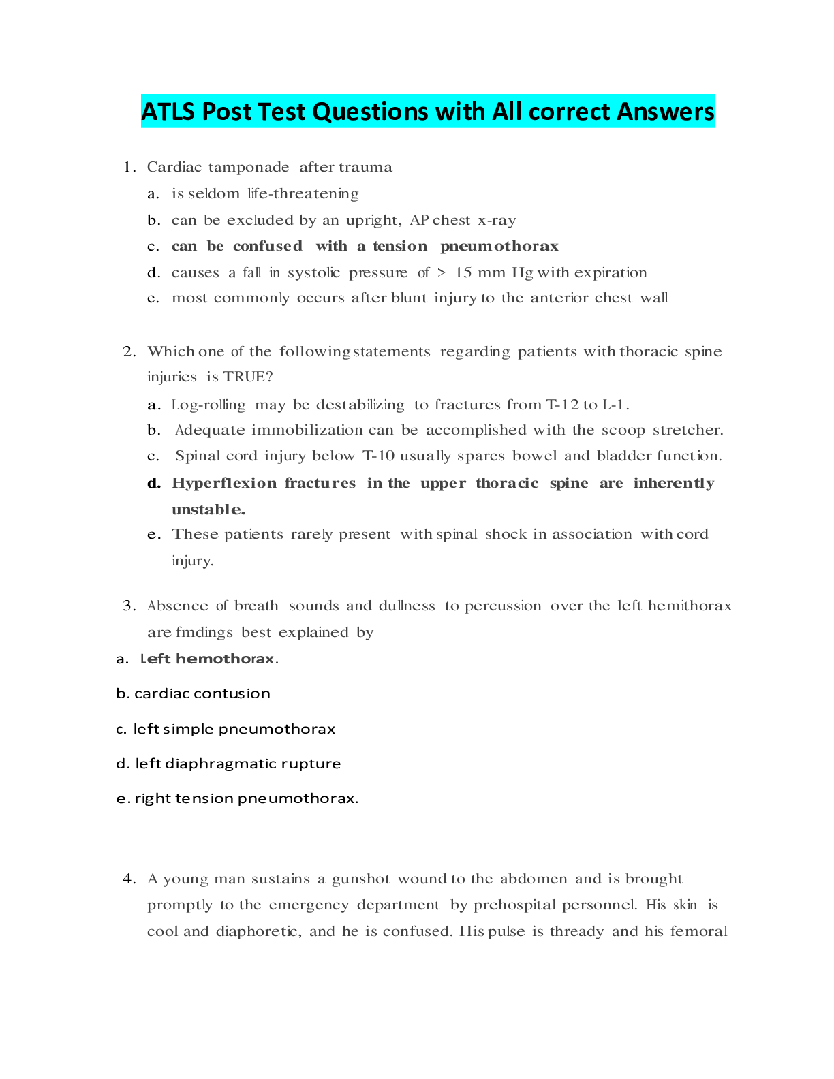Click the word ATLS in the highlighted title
168,111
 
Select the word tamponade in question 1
249,167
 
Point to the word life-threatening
303,193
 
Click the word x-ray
497,220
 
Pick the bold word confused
268,246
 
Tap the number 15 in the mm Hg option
463,272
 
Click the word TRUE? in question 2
248,377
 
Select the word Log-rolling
208,405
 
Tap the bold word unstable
208,510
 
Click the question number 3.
129,606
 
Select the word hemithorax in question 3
690,606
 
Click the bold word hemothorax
225,659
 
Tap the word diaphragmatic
218,764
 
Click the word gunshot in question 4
361,879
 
